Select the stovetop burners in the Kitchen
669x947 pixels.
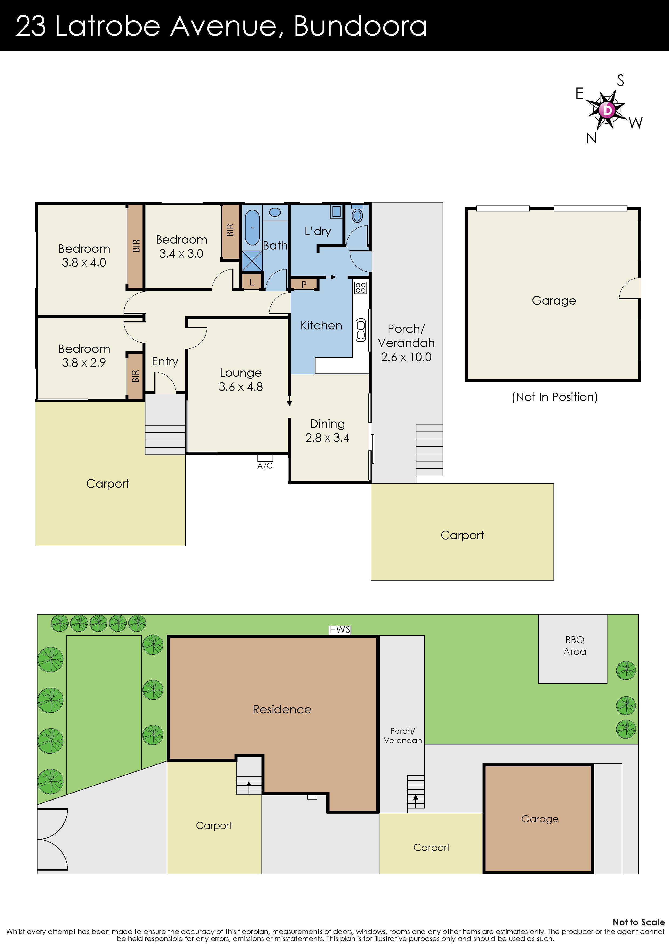[361, 288]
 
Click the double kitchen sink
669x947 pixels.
[361, 330]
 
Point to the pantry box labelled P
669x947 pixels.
[304, 284]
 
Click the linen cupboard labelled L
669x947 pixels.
[252, 282]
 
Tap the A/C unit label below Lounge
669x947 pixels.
[265, 466]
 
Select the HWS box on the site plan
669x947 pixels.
[340, 630]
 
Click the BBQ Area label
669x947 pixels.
[574, 645]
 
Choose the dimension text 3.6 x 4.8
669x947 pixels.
[241, 387]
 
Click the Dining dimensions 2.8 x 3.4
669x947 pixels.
[327, 438]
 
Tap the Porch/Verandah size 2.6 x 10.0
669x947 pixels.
[406, 357]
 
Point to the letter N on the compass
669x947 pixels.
[591, 138]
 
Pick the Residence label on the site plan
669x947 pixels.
[282, 709]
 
